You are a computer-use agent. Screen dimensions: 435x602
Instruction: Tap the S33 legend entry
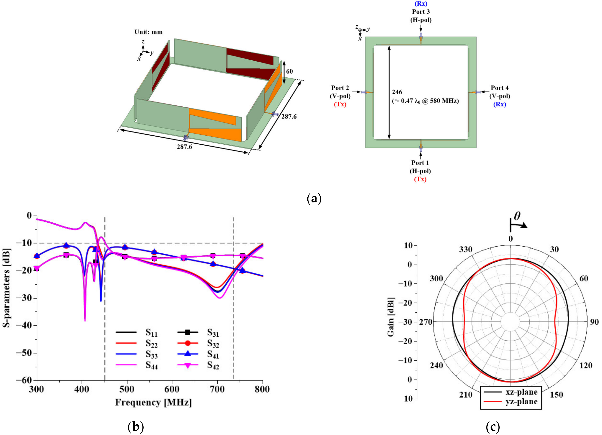(151, 354)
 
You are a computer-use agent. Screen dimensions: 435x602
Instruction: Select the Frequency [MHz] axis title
(153, 402)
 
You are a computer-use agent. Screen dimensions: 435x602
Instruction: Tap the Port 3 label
(421, 12)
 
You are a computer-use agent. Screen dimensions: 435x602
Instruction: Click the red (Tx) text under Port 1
(420, 179)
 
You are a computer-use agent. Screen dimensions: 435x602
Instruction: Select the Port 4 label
(499, 88)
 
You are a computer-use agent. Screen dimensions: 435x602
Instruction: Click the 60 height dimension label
(289, 71)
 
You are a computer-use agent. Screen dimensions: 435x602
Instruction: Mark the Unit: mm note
(148, 32)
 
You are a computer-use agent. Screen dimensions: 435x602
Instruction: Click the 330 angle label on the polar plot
(466, 249)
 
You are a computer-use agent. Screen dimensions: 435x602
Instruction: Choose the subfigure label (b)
(136, 427)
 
